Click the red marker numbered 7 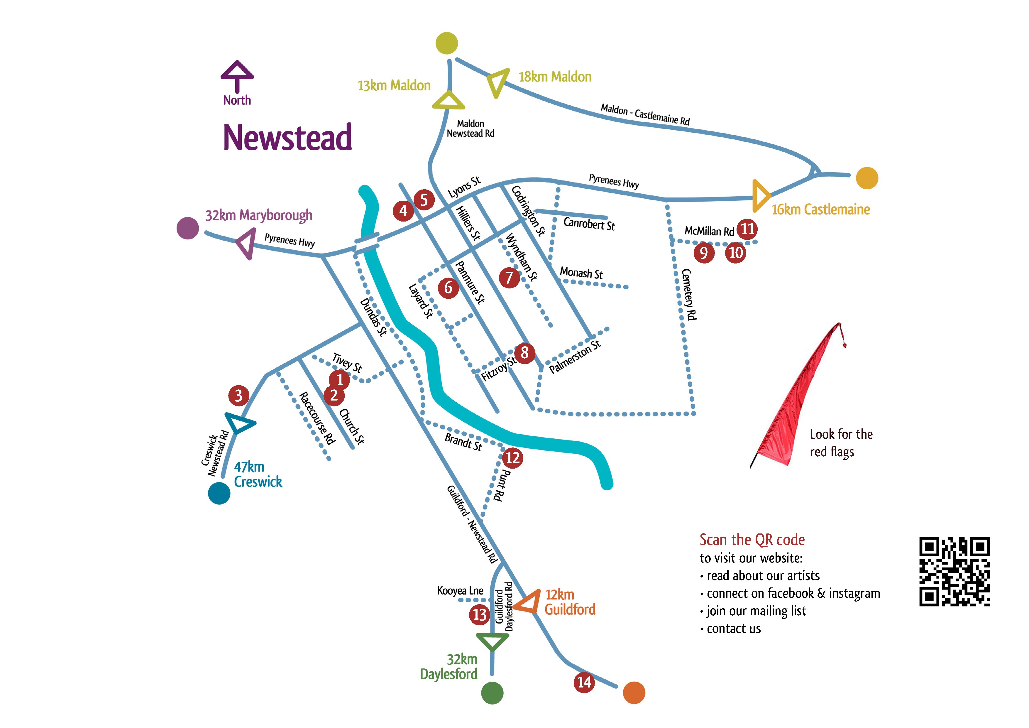[x=509, y=278]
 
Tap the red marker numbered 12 [x=512, y=458]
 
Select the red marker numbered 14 [x=584, y=682]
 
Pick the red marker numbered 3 [x=238, y=395]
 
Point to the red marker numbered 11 [x=747, y=229]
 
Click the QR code [x=954, y=572]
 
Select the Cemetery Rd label [x=689, y=295]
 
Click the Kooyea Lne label [x=460, y=591]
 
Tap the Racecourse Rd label [x=317, y=418]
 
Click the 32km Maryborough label [x=259, y=215]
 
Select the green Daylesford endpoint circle [x=492, y=692]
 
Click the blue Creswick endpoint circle [x=219, y=493]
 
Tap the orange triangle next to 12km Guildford [x=527, y=602]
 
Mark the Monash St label [x=581, y=273]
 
